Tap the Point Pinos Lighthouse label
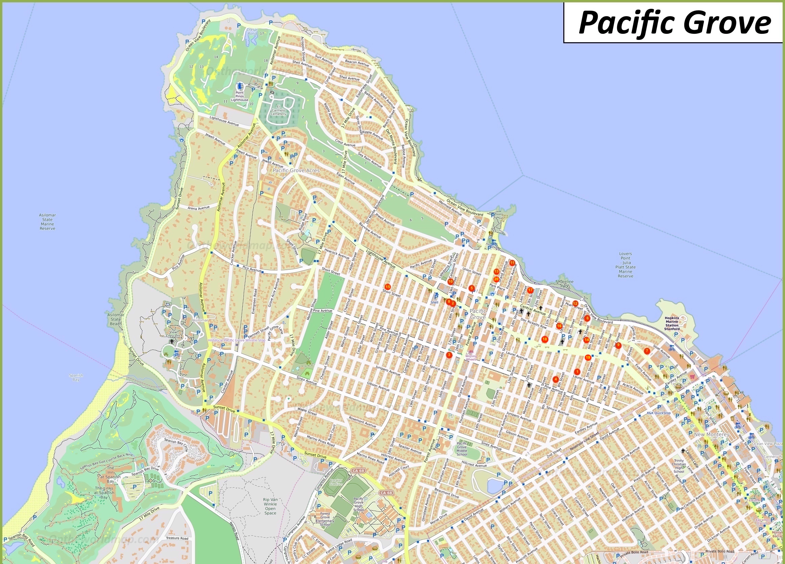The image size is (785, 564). (240, 96)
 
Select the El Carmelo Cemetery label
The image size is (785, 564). (278, 111)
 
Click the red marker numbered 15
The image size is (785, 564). (388, 287)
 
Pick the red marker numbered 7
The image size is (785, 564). (647, 351)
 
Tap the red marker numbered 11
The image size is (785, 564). (512, 263)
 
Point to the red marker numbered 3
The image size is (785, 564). (449, 354)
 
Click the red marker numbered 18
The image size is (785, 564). (545, 339)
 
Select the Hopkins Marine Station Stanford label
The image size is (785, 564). (672, 323)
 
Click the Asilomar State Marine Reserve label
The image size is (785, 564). (47, 222)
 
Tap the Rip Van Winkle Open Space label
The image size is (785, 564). (270, 506)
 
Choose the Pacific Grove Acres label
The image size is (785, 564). (296, 170)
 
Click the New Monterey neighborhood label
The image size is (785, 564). (712, 434)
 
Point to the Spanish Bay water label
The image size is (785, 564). (76, 377)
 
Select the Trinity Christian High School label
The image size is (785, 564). (679, 466)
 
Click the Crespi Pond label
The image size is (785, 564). (252, 31)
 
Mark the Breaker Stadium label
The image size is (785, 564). (336, 482)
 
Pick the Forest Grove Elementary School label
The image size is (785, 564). (325, 519)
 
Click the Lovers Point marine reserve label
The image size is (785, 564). (625, 265)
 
